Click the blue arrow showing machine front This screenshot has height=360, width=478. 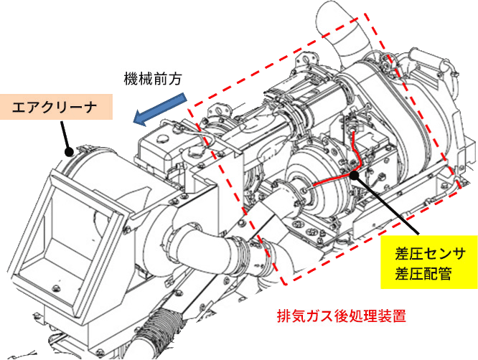tap(160, 109)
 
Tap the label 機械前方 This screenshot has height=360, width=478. tap(152, 79)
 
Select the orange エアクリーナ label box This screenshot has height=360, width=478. tap(57, 107)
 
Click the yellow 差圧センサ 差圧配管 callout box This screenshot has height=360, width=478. tap(429, 262)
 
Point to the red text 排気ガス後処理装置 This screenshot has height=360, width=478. tap(342, 316)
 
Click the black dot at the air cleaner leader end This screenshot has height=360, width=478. tap(70, 151)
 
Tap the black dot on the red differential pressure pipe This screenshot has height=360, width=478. tap(355, 175)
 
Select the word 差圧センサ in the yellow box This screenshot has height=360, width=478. tap(430, 253)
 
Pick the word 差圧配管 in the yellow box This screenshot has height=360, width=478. tap(423, 273)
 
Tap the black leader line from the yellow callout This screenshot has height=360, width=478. tap(387, 204)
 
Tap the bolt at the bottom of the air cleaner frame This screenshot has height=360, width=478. tap(56, 288)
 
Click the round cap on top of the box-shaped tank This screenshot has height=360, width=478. tap(161, 138)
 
